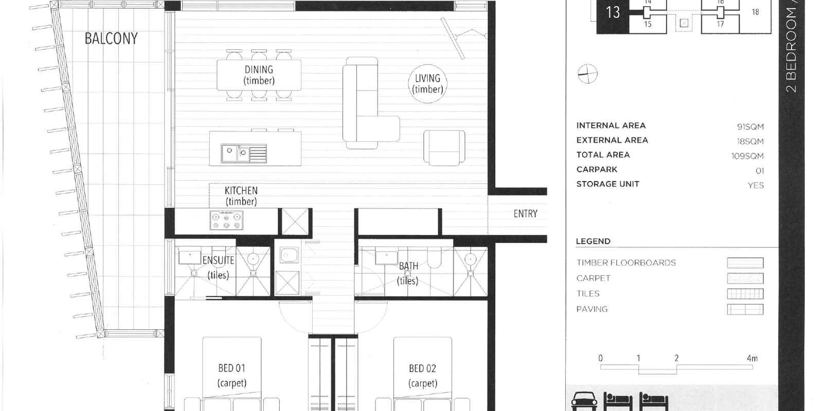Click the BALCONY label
click(111, 38)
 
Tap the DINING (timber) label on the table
click(259, 75)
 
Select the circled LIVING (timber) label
click(427, 84)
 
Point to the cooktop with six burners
click(226, 220)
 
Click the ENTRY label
click(525, 214)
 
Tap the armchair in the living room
click(444, 147)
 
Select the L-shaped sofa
click(371, 103)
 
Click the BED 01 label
click(231, 368)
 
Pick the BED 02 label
click(422, 368)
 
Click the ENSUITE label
click(218, 260)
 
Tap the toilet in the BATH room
click(434, 257)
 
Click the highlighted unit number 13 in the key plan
click(613, 12)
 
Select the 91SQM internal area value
click(750, 126)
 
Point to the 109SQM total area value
click(747, 156)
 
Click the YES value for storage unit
click(756, 185)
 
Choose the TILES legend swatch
click(745, 294)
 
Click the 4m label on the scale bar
click(752, 358)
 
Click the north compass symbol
click(587, 74)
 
